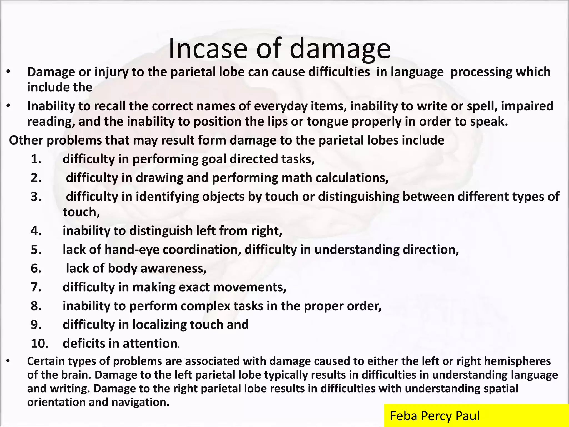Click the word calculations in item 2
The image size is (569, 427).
352,178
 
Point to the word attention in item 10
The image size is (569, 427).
150,344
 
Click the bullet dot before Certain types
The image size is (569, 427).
9,361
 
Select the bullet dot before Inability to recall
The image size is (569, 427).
9,106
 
